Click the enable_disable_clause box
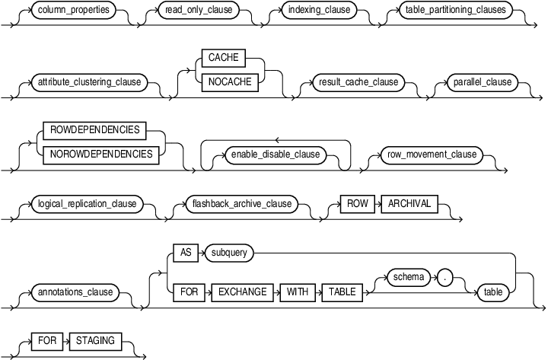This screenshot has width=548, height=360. (x=275, y=154)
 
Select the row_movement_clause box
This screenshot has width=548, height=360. (x=429, y=154)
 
